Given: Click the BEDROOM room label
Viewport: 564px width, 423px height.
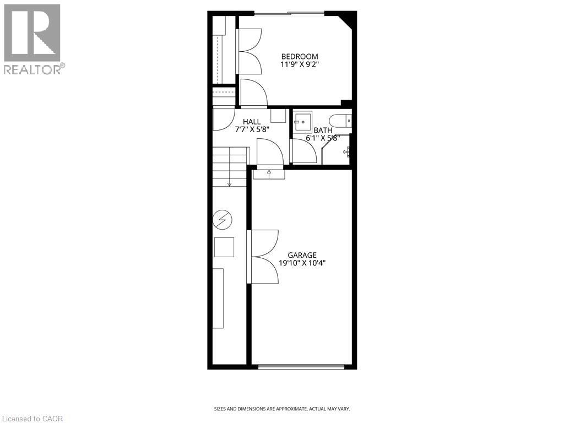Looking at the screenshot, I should (300, 56).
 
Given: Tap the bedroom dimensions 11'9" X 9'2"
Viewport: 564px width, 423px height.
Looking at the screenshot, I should (300, 64).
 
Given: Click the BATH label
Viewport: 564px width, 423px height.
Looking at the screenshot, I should (323, 131).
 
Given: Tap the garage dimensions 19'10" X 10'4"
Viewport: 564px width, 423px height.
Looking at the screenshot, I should (302, 263).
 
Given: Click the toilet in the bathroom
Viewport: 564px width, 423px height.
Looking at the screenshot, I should (339, 121).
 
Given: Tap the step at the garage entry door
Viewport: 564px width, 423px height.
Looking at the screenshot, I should (269, 174).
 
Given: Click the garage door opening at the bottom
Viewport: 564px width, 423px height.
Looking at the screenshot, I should (301, 366).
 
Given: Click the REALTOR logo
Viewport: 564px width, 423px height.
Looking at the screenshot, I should (32, 39).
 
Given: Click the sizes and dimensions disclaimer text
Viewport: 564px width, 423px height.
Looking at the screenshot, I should (281, 409).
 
